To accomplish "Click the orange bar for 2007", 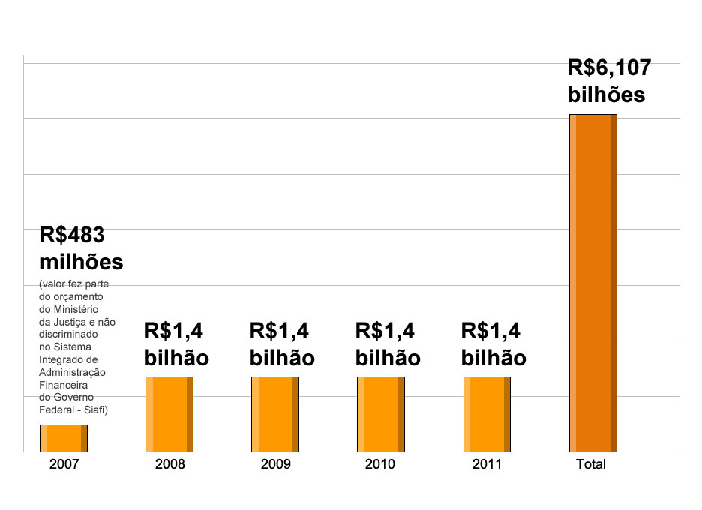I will click(64, 438).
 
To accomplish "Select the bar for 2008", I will click(169, 414).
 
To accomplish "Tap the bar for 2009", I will click(275, 414).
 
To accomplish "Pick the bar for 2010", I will click(381, 414).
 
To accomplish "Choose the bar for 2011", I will click(487, 414).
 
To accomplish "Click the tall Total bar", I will click(592, 283).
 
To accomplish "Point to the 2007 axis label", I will click(64, 465).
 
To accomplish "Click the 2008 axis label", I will click(169, 465).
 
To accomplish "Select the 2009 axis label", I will click(275, 465).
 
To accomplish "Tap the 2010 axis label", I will click(380, 465).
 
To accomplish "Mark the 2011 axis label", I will click(487, 465).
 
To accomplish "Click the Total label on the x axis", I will click(590, 465).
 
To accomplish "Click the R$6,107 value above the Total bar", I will click(609, 68).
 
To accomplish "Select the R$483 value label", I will click(71, 235).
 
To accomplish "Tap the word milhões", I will click(80, 263).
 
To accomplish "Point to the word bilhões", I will click(606, 96).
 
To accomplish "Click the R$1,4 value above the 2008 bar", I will click(173, 331).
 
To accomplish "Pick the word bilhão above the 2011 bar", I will click(493, 358).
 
